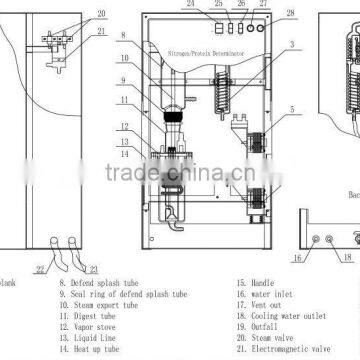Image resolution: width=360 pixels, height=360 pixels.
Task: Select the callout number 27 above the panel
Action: [x=263, y=3]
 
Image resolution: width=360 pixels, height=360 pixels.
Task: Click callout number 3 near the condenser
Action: [x=291, y=44]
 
